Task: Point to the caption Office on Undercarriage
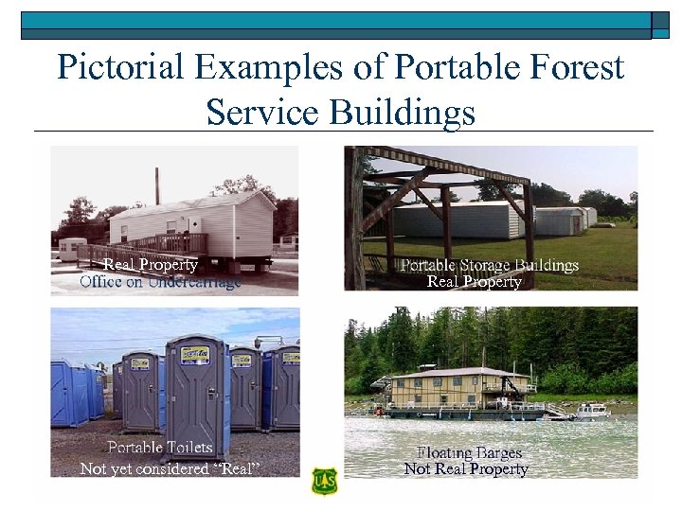tap(160, 281)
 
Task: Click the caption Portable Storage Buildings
tap(489, 265)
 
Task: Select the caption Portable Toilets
tap(160, 447)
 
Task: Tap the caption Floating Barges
tap(469, 452)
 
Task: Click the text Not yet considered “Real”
tap(170, 468)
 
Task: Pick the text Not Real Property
tap(465, 468)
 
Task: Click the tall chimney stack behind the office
tap(157, 186)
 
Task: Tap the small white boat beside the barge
tap(593, 412)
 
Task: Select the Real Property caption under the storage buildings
tap(474, 282)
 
